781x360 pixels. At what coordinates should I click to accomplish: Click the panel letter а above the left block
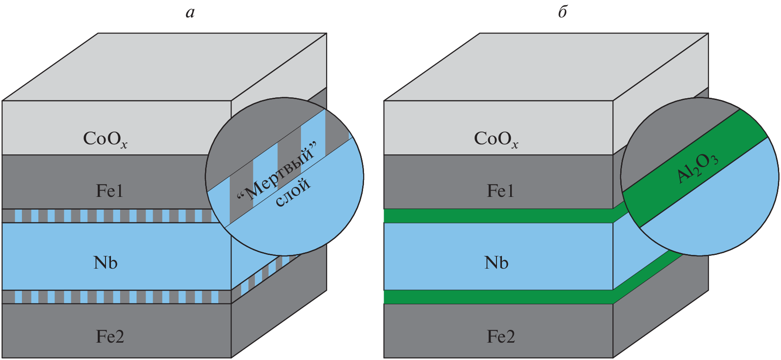tap(190, 13)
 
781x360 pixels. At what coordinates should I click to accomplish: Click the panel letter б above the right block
tap(563, 12)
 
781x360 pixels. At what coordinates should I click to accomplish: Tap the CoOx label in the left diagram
tap(105, 139)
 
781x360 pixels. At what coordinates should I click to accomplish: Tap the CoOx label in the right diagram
tap(496, 139)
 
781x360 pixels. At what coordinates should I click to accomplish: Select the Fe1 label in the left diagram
tap(110, 191)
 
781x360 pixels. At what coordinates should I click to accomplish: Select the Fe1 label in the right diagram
tap(501, 191)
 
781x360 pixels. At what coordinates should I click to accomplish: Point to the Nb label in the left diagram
tap(106, 263)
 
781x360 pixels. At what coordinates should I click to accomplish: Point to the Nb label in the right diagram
tap(496, 263)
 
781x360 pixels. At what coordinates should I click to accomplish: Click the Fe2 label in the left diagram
tap(110, 337)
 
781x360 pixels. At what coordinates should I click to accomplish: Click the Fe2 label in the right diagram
tap(501, 337)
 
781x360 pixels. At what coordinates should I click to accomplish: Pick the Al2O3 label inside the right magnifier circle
tap(697, 168)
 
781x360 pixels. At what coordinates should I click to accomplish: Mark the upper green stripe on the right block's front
tap(498, 216)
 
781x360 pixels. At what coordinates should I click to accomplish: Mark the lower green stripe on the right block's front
tap(498, 297)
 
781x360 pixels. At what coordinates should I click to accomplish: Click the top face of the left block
tap(164, 66)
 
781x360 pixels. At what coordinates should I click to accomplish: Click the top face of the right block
tap(546, 66)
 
